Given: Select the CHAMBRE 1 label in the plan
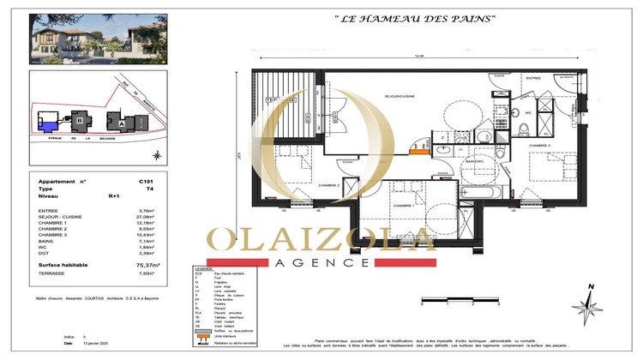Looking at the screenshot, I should (x=402, y=206).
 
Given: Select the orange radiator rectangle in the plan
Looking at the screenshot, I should (x=418, y=153).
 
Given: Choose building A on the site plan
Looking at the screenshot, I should (x=121, y=123).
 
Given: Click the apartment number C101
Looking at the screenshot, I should (x=146, y=183).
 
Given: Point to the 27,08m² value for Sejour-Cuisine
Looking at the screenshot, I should (x=148, y=217).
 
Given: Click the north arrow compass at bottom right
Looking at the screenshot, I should (x=589, y=300).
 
